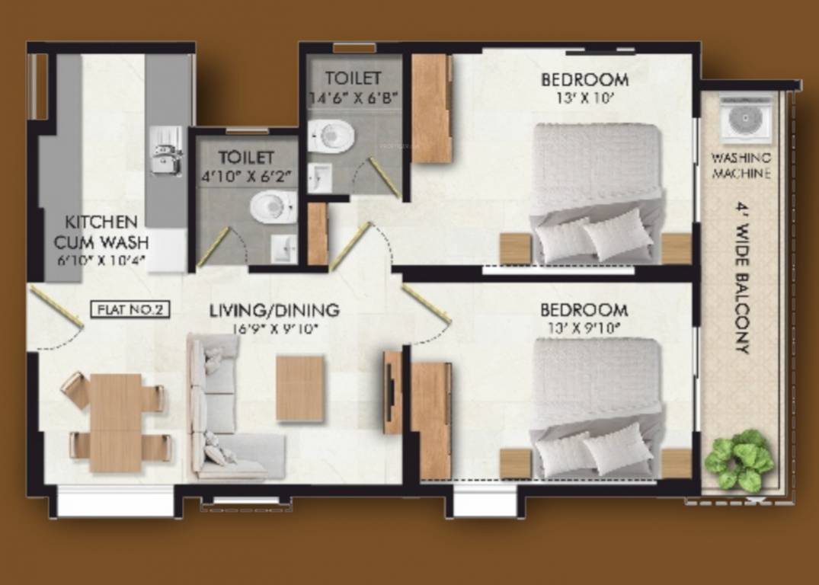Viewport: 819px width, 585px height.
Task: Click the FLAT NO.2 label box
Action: pyautogui.click(x=130, y=309)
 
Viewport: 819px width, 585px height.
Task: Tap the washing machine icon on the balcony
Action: pyautogui.click(x=746, y=118)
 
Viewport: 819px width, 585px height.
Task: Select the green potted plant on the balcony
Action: pyautogui.click(x=739, y=459)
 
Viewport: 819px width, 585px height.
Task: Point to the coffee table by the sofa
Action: pyautogui.click(x=300, y=388)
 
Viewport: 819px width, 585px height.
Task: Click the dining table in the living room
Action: pyautogui.click(x=115, y=422)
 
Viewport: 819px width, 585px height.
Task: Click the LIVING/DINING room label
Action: pyautogui.click(x=274, y=310)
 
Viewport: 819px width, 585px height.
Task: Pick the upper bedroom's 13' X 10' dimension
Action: pyautogui.click(x=584, y=97)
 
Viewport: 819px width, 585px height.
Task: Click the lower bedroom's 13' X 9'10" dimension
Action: pyautogui.click(x=584, y=328)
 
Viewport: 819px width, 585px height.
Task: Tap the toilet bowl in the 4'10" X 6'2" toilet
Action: pyautogui.click(x=274, y=206)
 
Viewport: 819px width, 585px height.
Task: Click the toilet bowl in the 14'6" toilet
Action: pyautogui.click(x=334, y=136)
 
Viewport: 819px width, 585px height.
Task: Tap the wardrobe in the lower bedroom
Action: pyautogui.click(x=431, y=420)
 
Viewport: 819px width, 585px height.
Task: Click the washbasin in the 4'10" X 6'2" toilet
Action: pyautogui.click(x=283, y=248)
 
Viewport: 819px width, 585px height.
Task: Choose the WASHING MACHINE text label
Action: pyautogui.click(x=741, y=165)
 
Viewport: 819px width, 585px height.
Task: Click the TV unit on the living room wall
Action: pyautogui.click(x=392, y=392)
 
